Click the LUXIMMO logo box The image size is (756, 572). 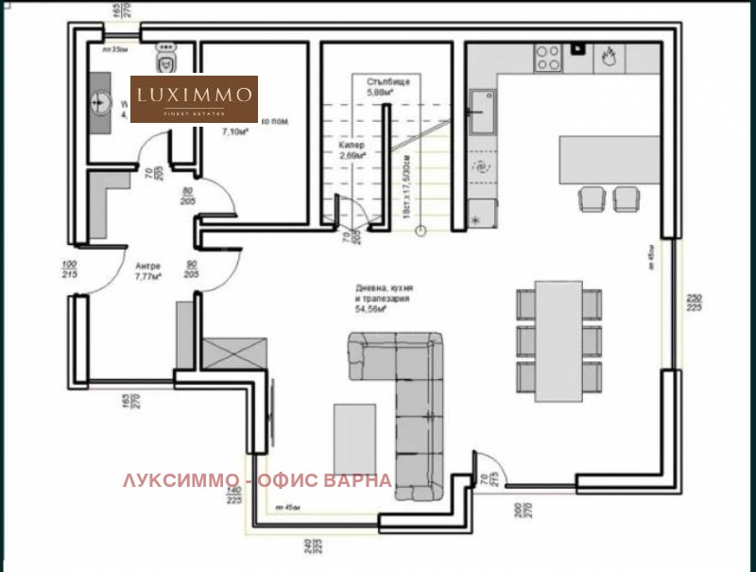coord(194,99)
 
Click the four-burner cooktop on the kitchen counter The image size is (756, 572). coord(549,57)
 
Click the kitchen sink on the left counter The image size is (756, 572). coord(483,112)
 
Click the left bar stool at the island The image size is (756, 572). coord(592,199)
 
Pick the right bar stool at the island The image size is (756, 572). coord(626,199)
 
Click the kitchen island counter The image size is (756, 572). coord(609,160)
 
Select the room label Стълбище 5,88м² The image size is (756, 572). coord(387,88)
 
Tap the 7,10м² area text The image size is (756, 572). coord(233,133)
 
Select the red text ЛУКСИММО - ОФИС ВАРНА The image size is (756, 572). coord(257,480)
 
